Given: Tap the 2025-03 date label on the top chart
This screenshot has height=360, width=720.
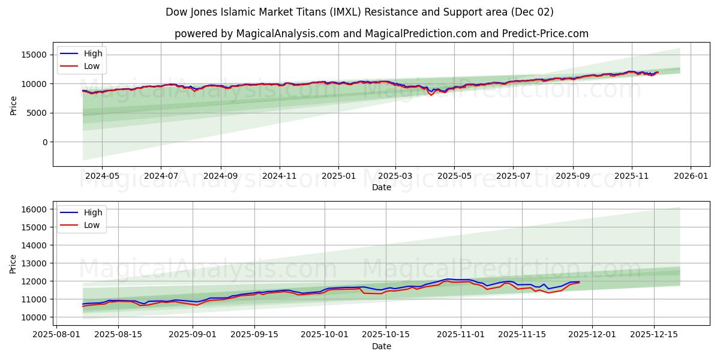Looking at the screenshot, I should [x=395, y=176].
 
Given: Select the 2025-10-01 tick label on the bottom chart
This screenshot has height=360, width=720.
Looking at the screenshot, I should [x=325, y=334].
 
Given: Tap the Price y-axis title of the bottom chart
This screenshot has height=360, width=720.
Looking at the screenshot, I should [x=14, y=263].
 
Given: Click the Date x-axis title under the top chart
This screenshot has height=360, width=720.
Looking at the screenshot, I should [x=381, y=187].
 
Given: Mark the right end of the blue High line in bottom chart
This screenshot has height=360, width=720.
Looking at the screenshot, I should [x=579, y=281].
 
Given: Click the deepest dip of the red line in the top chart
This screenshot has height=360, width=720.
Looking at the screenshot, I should [x=431, y=95].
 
